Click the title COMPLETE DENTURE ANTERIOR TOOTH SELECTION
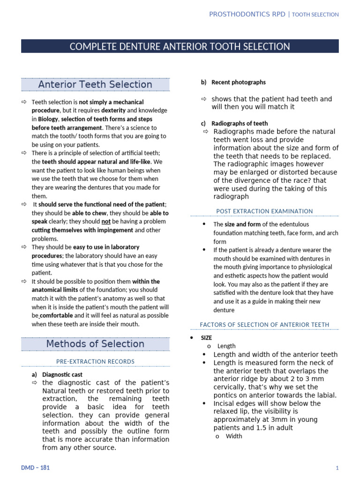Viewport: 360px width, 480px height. point(180,46)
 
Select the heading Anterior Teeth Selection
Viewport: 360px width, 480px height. point(95,84)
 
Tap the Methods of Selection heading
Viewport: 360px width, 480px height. point(95,344)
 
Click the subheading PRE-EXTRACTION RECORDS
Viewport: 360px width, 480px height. point(95,361)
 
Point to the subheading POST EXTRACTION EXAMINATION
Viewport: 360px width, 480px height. point(264,211)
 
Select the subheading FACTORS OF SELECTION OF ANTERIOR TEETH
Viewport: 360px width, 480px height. point(264,324)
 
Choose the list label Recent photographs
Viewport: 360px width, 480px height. point(238,82)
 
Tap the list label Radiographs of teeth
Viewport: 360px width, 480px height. point(240,123)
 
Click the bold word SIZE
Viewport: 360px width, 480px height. point(206,337)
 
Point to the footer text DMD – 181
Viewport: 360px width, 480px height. point(35,468)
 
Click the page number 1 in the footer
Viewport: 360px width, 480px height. point(337,468)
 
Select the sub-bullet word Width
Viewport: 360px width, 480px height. point(234,436)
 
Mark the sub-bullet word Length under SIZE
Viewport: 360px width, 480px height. point(226,346)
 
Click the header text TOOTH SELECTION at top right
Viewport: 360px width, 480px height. point(315,15)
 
